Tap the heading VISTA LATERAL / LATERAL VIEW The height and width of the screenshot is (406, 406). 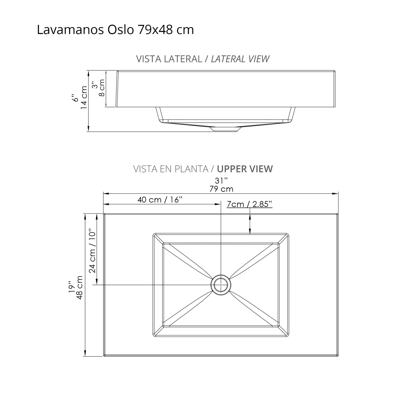202,59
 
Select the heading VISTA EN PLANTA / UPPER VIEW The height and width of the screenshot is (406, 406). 203,169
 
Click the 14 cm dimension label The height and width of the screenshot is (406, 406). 84,97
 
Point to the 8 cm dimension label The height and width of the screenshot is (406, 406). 102,88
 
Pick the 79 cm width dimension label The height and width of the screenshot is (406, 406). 221,189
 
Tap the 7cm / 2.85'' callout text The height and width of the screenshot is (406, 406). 249,204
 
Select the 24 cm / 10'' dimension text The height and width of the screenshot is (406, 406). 93,252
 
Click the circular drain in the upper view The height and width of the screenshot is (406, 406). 221,285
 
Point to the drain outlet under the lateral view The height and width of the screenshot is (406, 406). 226,129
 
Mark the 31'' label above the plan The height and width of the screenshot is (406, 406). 221,181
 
